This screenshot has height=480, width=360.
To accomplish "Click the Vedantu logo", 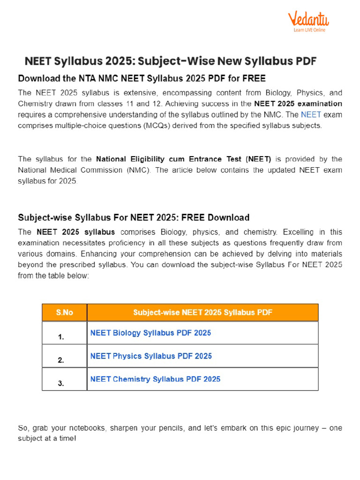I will click(x=308, y=19).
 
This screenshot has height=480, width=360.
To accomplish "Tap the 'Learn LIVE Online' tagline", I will click(x=309, y=30).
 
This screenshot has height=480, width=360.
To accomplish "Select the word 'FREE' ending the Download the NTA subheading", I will click(x=254, y=77).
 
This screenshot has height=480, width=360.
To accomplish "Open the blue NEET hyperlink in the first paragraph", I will click(x=311, y=114).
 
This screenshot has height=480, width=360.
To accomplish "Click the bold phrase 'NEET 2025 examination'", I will click(x=298, y=103).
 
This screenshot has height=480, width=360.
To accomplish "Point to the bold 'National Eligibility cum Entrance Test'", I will click(x=183, y=159).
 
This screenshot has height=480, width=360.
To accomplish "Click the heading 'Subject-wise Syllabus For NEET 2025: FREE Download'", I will click(x=134, y=217).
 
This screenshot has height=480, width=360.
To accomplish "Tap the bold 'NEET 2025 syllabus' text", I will click(x=75, y=232).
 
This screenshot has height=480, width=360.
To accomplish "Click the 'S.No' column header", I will click(x=65, y=312).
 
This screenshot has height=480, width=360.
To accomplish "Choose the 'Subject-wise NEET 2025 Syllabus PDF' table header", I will click(x=202, y=312).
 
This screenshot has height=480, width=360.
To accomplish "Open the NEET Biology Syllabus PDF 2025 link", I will click(x=150, y=333).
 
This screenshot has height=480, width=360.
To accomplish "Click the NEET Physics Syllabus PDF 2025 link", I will click(x=151, y=356).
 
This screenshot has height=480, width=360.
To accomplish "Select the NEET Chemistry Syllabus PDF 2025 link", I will click(x=155, y=379).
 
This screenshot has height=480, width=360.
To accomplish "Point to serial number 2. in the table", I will click(x=61, y=360).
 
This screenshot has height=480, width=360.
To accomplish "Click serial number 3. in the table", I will click(x=61, y=383).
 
